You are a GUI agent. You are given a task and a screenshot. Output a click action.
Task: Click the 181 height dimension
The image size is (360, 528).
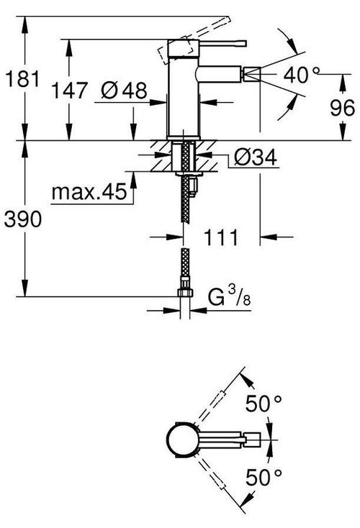click(x=22, y=79)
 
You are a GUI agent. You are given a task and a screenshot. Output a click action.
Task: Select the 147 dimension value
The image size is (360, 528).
click(x=69, y=90)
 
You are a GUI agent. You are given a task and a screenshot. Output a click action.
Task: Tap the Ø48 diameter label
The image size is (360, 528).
click(x=124, y=90)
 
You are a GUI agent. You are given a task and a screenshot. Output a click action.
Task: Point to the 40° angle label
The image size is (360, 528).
click(x=302, y=74)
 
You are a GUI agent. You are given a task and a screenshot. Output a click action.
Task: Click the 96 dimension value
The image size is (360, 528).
click(x=342, y=108)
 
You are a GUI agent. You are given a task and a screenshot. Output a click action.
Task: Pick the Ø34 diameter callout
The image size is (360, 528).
click(x=256, y=157)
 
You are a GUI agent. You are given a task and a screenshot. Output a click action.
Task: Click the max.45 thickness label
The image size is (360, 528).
click(x=89, y=191)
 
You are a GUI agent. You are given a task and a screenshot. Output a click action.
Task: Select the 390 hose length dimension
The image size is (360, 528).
click(x=23, y=219)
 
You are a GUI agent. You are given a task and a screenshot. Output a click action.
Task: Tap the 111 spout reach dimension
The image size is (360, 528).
click(x=221, y=237)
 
